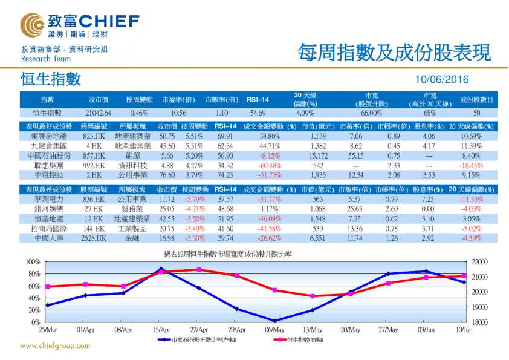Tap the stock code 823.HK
click(94, 136)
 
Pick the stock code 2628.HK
click(94, 238)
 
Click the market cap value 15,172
click(314, 155)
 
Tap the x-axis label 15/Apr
click(161, 330)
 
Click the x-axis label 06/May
click(275, 330)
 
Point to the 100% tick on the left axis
click(33, 261)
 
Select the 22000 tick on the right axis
click(478, 261)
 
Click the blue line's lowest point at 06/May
click(275, 321)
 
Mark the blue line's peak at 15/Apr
click(161, 269)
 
